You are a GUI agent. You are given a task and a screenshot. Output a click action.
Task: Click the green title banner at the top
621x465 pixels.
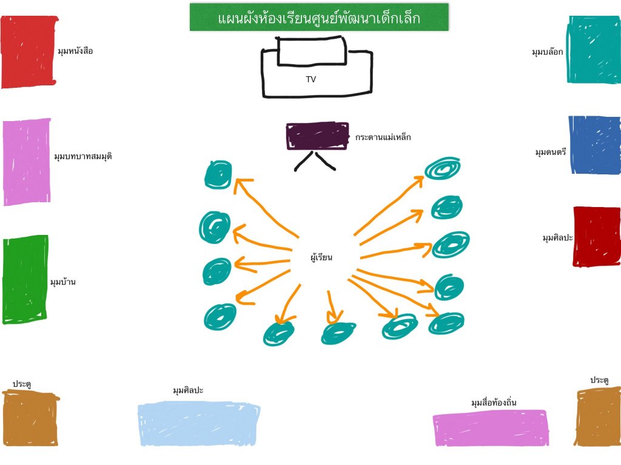[319, 18]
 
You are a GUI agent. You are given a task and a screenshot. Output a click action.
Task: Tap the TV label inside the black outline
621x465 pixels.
[310, 79]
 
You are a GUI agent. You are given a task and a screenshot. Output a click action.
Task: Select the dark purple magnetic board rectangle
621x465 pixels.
[317, 136]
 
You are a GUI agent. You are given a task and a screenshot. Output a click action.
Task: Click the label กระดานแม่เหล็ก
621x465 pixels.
[383, 137]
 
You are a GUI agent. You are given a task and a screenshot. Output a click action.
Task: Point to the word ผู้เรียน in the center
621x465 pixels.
[321, 258]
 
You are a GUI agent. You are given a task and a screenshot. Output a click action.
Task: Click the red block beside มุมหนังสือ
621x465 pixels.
[29, 52]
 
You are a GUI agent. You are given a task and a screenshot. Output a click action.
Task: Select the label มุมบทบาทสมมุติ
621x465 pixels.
[83, 156]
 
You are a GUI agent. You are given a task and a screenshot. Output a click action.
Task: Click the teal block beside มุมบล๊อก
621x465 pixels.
[594, 50]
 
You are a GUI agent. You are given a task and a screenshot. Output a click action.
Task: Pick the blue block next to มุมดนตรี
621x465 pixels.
[595, 145]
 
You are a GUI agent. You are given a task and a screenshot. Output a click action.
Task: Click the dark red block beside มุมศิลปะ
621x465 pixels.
[597, 236]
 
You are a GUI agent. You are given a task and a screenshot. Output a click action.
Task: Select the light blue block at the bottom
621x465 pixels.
[199, 423]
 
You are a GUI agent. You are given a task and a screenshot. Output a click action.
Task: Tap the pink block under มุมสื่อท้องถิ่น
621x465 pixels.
[491, 428]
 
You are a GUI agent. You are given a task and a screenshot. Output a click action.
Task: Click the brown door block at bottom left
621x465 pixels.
[30, 418]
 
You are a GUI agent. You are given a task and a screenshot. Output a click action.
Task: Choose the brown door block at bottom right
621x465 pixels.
[598, 418]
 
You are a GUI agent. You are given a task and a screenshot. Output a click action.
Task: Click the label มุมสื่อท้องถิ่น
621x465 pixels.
[494, 403]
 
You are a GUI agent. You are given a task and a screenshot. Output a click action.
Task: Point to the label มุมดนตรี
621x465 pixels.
[551, 152]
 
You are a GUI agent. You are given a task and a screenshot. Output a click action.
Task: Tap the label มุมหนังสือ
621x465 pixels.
[75, 51]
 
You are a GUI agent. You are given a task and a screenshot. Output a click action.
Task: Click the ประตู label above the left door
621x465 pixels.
[22, 384]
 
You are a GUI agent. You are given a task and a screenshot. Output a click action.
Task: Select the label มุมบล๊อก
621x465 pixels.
[547, 52]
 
